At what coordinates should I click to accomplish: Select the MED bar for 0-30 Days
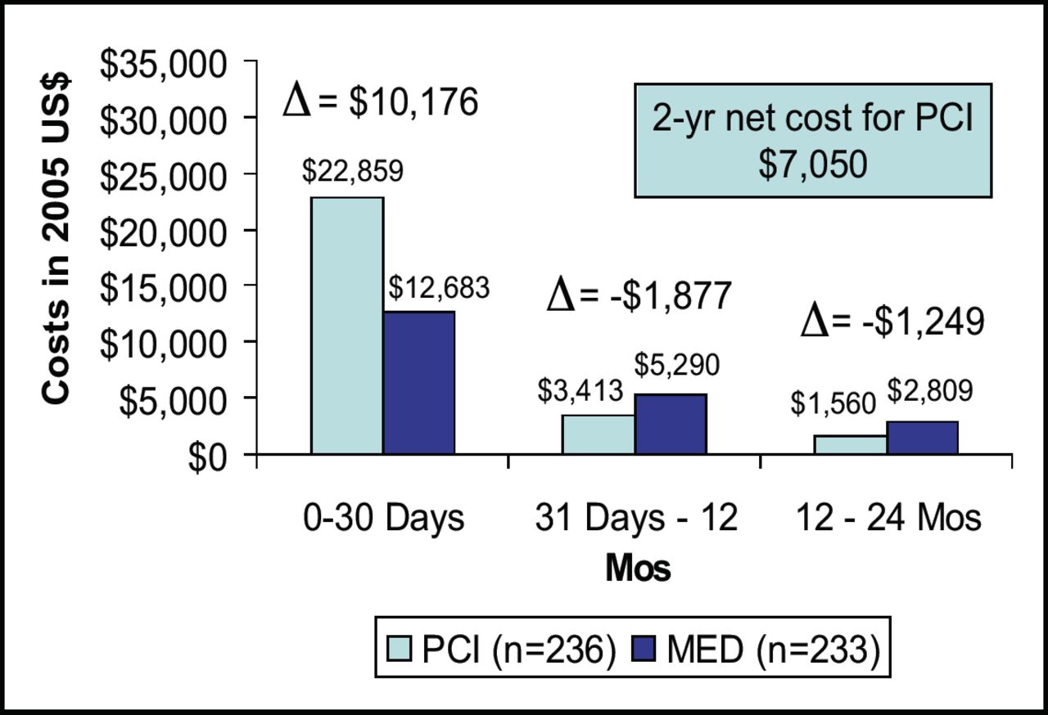pos(418,382)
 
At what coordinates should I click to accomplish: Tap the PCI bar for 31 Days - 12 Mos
pos(599,434)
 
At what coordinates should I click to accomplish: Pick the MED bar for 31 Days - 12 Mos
pos(670,424)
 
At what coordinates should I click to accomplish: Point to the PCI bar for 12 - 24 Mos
pos(851,444)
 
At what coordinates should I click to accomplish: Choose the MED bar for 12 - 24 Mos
pos(922,438)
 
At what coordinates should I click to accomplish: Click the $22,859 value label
pos(353,172)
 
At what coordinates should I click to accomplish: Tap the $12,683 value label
pos(439,287)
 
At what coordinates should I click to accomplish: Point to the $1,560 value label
pos(833,402)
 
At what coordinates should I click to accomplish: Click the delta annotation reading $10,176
pos(380,102)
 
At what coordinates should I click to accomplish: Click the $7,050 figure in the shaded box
pos(812,164)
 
